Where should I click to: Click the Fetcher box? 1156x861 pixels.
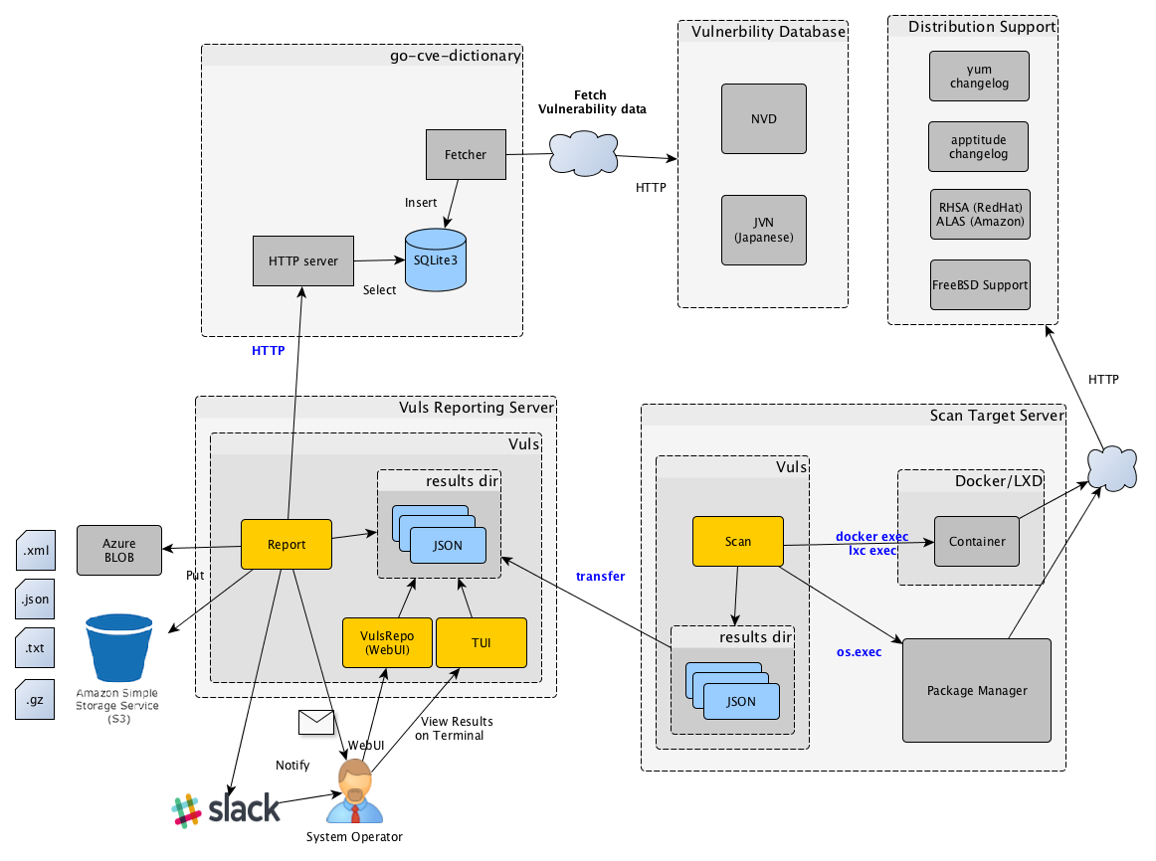[x=466, y=155]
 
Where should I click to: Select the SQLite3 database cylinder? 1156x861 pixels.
[x=436, y=260]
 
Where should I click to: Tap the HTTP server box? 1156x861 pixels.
[x=303, y=261]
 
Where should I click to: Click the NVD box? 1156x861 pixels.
[x=764, y=119]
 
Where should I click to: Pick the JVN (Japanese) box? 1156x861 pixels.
[x=764, y=231]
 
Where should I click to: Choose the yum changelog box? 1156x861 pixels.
[x=978, y=77]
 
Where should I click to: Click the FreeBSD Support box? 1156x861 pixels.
[x=979, y=285]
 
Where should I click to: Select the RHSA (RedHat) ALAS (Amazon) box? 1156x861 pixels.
[x=979, y=215]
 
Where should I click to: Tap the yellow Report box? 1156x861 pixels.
[x=287, y=545]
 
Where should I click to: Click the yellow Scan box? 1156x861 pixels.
[x=738, y=542]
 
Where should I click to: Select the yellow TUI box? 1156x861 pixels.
[x=481, y=642]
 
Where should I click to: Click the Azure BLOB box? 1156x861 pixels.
[x=119, y=550]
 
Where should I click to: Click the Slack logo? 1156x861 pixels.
[x=226, y=810]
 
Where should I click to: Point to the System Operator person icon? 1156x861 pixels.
[x=353, y=792]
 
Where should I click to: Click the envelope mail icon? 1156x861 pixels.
[x=316, y=722]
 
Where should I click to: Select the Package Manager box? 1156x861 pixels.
[x=976, y=690]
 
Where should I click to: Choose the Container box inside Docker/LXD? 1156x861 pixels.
[x=977, y=542]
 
